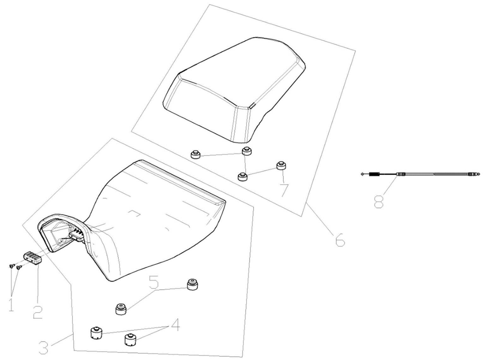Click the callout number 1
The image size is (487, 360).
[11, 303]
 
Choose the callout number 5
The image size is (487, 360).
[153, 282]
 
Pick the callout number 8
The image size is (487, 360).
[379, 200]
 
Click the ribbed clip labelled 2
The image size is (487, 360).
[33, 258]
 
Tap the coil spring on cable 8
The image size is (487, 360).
[374, 174]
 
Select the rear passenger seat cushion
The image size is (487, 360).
[234, 89]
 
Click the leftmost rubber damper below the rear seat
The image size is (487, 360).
[195, 155]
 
